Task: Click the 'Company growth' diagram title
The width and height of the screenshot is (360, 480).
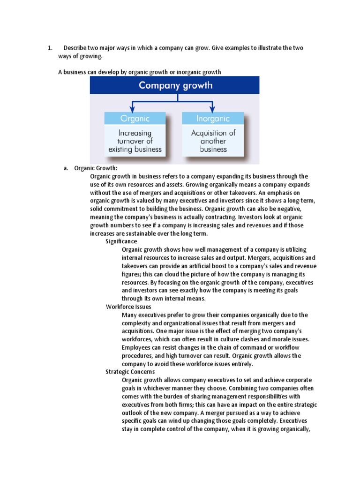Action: (x=175, y=86)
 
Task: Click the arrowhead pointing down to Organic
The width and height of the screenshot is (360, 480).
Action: (x=134, y=108)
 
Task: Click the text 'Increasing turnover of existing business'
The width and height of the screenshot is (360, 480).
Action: (x=135, y=141)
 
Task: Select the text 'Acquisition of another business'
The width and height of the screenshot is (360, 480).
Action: (x=214, y=141)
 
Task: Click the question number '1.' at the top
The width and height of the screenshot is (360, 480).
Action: (x=48, y=48)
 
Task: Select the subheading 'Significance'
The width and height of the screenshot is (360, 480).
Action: (x=121, y=241)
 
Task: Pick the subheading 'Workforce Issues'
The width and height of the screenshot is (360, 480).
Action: (x=128, y=307)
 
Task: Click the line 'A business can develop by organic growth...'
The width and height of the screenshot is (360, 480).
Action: (x=139, y=71)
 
